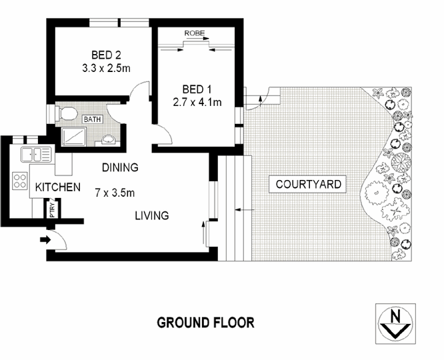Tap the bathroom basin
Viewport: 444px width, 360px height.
point(109,139)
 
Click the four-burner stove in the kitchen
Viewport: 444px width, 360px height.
point(19,180)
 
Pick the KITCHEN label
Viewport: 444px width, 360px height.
point(58,187)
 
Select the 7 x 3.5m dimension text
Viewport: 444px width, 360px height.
point(115,193)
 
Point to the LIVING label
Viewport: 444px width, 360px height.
point(151,216)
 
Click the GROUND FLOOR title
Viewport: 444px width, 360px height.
point(205,323)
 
